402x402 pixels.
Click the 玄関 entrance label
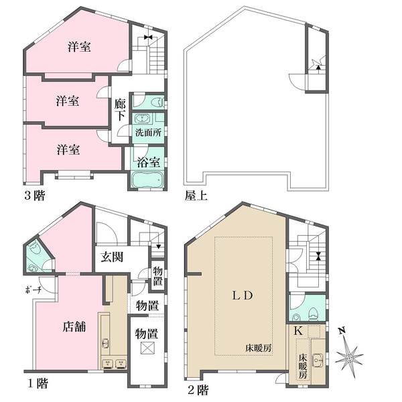pyautogui.click(x=112, y=257)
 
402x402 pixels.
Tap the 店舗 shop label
pyautogui.click(x=74, y=327)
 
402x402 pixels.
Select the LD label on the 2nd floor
pyautogui.click(x=243, y=296)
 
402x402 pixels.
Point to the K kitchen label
pyautogui.click(x=297, y=331)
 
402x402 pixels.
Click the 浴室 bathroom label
pyautogui.click(x=149, y=162)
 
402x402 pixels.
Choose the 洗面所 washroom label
pyautogui.click(x=149, y=133)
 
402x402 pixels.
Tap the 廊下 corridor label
pyautogui.click(x=120, y=111)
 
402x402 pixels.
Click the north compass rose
pyautogui.click(x=348, y=357)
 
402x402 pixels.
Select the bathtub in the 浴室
pyautogui.click(x=147, y=180)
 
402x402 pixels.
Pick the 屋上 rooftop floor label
pyautogui.click(x=196, y=196)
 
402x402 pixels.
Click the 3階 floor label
pyautogui.click(x=34, y=196)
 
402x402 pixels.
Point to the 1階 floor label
pyautogui.click(x=38, y=384)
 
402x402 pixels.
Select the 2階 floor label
pyautogui.click(x=198, y=390)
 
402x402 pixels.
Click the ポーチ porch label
pyautogui.click(x=33, y=290)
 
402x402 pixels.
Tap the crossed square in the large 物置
pyautogui.click(x=147, y=348)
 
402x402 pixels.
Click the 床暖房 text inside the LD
pyautogui.click(x=258, y=348)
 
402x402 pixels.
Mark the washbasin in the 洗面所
pyautogui.click(x=141, y=119)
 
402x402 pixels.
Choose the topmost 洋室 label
pyautogui.click(x=79, y=47)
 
